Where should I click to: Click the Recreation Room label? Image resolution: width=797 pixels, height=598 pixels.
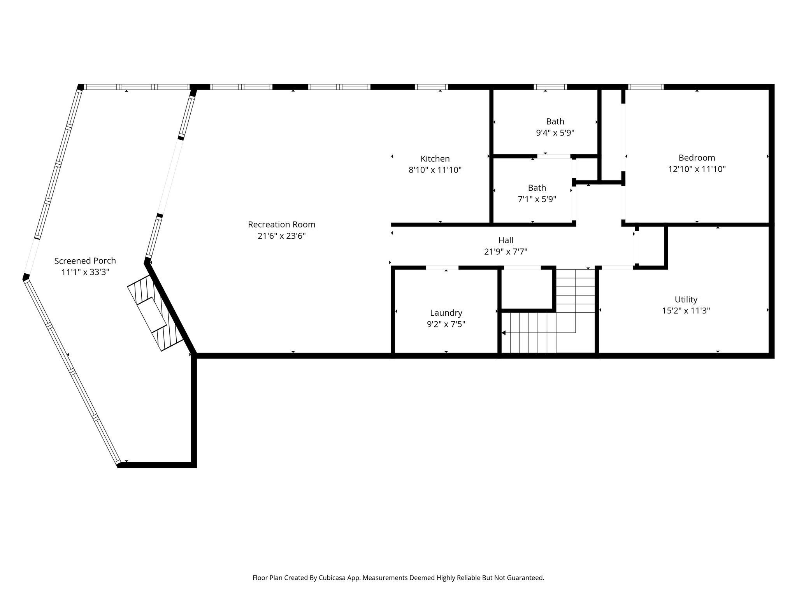[x=281, y=225]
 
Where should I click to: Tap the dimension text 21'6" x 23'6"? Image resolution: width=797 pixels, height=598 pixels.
[x=281, y=236]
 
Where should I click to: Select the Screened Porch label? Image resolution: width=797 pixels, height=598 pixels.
[x=85, y=261]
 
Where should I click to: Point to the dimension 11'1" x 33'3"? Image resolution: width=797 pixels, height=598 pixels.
[x=85, y=272]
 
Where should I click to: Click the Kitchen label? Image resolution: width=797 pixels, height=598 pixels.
[x=435, y=159]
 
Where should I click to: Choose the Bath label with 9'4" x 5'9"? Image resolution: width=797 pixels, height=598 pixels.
[x=555, y=121]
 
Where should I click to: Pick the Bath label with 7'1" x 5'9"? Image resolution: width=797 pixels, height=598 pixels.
[x=537, y=188]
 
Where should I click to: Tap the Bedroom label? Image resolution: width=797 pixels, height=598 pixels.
[x=697, y=158]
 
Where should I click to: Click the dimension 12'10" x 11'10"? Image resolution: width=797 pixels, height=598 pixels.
[x=697, y=169]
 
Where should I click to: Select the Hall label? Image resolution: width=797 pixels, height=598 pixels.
[x=506, y=240]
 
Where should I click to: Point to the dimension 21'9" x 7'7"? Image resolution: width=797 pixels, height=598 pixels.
[x=506, y=252]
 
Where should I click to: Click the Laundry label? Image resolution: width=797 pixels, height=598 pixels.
[x=446, y=313]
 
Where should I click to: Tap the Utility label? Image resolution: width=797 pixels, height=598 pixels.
[x=686, y=299]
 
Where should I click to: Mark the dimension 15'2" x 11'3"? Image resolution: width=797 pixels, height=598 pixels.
[x=686, y=311]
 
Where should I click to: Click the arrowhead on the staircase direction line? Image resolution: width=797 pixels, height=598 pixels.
[x=504, y=333]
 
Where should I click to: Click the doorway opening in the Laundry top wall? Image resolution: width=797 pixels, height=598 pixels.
[x=442, y=267]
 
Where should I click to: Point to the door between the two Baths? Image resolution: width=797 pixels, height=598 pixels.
[x=554, y=156]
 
